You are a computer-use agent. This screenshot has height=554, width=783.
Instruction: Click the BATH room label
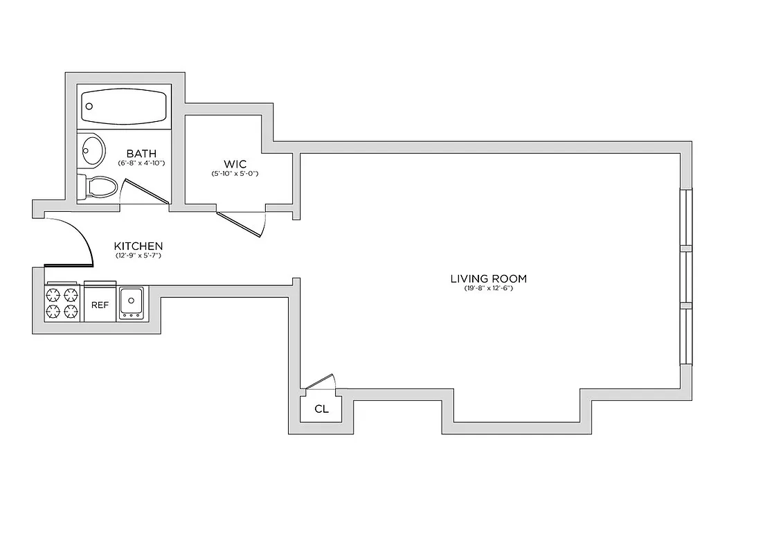coord(141,154)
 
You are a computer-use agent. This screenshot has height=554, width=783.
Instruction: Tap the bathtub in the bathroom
coord(125,107)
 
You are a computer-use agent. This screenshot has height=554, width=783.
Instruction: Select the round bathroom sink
coord(91,149)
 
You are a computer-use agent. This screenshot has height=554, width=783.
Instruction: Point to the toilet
coord(99,187)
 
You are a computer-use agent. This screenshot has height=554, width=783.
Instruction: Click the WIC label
coord(235,164)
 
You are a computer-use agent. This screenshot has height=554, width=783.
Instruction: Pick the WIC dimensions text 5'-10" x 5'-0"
coord(235,174)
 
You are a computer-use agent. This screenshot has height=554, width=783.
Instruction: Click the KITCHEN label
coord(138,246)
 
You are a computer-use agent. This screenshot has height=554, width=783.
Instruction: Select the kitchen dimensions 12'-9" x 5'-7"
coord(138,256)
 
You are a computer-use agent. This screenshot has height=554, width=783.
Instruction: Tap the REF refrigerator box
coord(100,304)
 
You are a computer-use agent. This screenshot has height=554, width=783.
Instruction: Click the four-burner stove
coord(61,303)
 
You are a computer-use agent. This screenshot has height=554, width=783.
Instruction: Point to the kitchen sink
coord(131,303)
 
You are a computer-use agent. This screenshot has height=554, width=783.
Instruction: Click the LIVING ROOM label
coord(488,279)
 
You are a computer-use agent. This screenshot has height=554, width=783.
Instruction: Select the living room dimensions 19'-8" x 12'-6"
coord(488,289)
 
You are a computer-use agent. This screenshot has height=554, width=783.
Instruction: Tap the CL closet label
coord(321,409)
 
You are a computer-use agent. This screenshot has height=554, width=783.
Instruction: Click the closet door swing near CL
coord(321,382)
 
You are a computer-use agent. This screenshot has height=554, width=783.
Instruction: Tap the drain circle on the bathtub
coord(89,107)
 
